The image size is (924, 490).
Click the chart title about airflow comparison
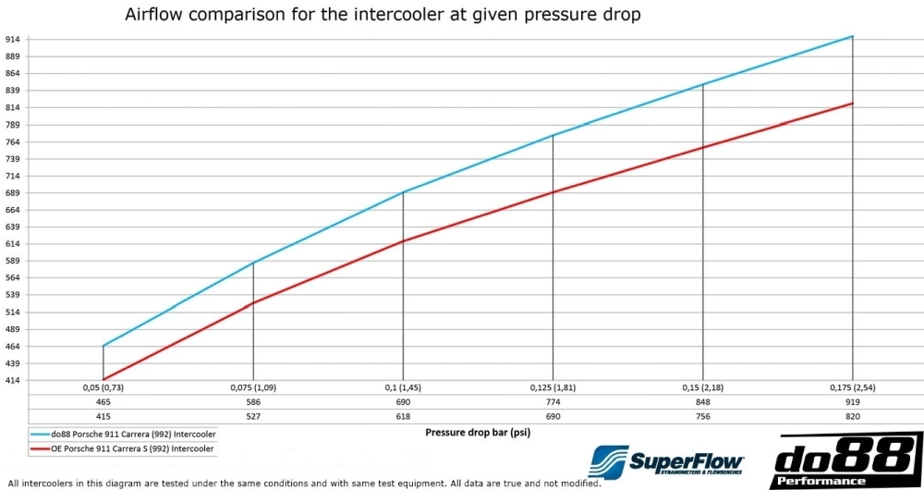point(382,17)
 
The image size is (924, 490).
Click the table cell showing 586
point(252,403)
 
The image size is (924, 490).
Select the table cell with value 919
point(852,403)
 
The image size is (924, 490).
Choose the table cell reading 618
point(402,417)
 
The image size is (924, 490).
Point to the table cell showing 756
point(702,417)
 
